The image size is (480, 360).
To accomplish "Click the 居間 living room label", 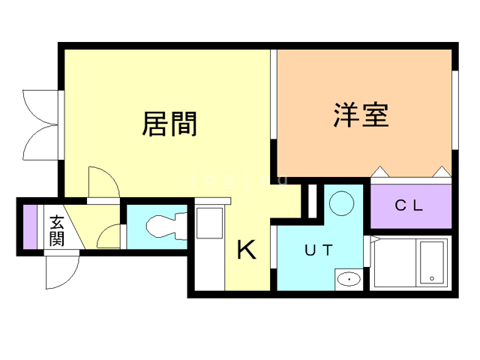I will (169, 124).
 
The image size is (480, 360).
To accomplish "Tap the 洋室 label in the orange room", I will (361, 115).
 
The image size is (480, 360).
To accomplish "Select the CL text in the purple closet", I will (409, 205).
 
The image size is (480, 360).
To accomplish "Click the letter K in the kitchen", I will (247, 250).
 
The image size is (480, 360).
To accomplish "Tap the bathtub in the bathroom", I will (432, 262).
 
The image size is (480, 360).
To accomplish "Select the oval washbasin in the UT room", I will (348, 279).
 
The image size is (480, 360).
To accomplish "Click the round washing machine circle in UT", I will (342, 202).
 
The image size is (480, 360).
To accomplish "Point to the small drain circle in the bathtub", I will (432, 279).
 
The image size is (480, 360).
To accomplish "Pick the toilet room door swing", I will (109, 235).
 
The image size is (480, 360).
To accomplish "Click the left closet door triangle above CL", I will (380, 172).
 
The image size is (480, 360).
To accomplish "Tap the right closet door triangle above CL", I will (442, 172).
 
